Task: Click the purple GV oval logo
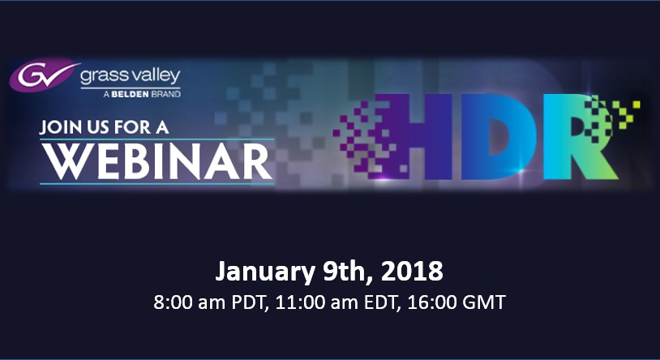click(44, 75)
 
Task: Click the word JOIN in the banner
click(57, 127)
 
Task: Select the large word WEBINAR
click(156, 162)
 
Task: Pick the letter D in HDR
click(501, 137)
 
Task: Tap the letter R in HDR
click(579, 137)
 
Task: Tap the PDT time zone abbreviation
click(251, 302)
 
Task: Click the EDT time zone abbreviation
click(381, 302)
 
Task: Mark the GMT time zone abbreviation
click(485, 302)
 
